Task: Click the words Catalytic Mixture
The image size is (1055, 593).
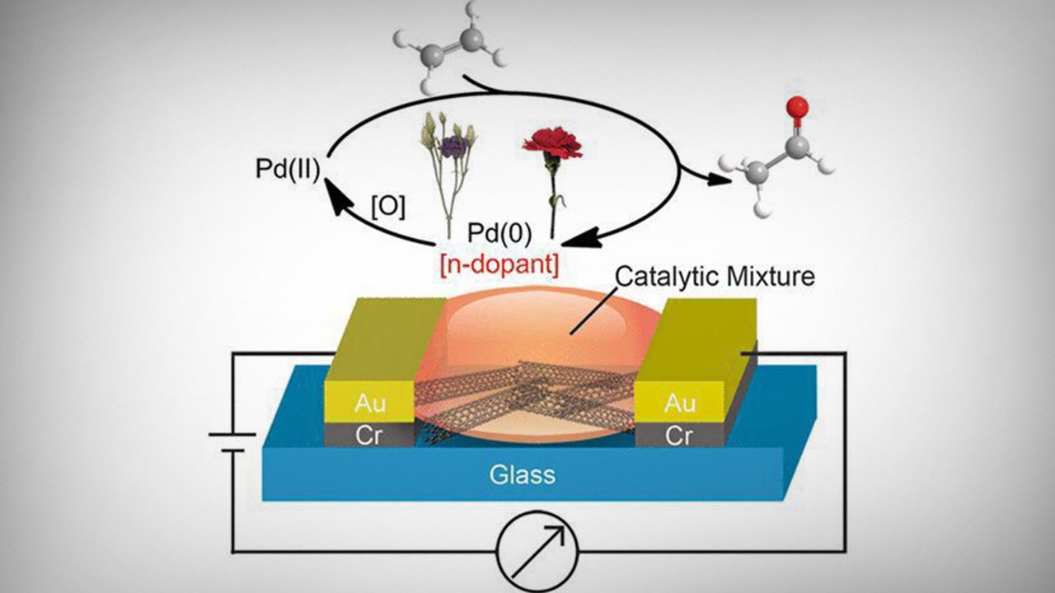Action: pos(715,276)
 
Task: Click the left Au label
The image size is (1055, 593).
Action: pos(370,404)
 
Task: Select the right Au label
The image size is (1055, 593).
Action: pos(679,404)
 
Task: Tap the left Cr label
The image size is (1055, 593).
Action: pos(368,436)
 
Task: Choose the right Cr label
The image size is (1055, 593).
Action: pos(679,436)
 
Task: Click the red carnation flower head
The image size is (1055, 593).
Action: pos(552,142)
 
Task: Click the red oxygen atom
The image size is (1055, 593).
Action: pos(796,106)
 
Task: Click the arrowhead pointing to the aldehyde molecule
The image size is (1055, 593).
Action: pos(721,179)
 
